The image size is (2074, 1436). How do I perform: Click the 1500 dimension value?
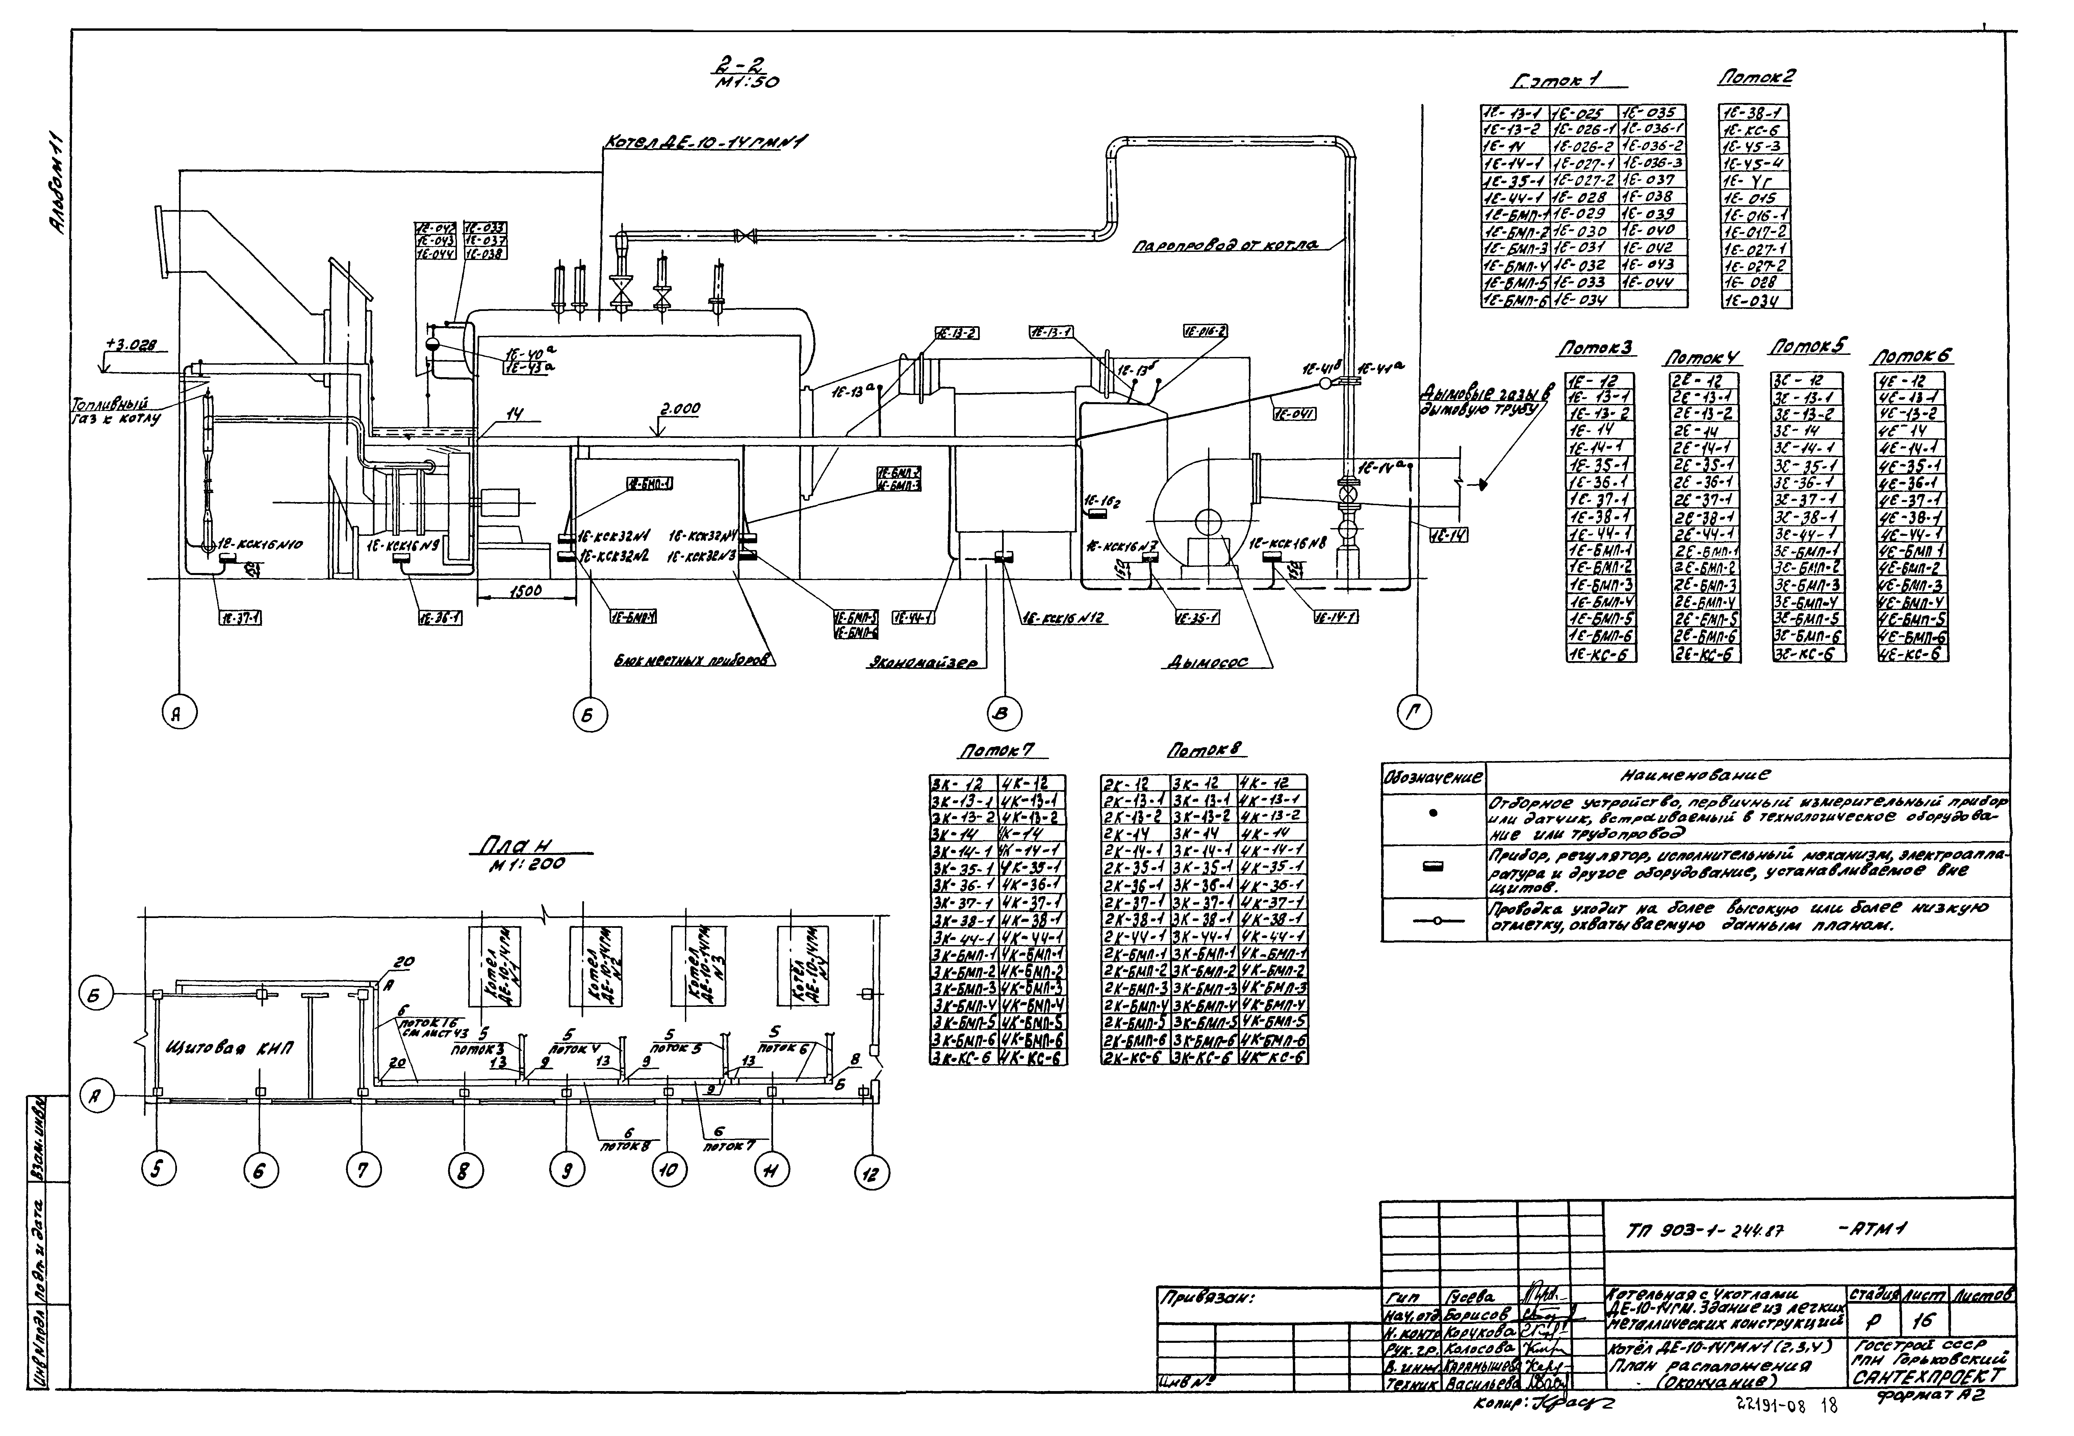pos(526,591)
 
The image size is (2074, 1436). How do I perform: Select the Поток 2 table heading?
pos(1755,78)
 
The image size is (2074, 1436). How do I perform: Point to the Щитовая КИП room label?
pos(231,1048)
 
